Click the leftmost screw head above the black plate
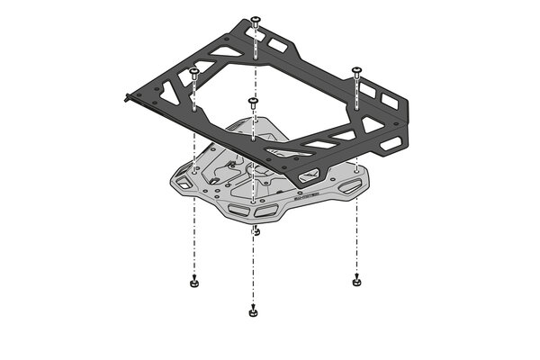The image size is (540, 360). point(193,71)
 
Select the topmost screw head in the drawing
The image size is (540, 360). point(256,19)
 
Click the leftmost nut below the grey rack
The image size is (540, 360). point(193,283)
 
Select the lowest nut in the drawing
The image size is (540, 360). point(253,312)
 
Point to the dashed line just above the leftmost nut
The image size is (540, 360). point(193,256)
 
